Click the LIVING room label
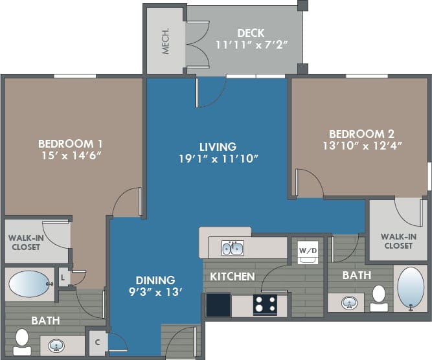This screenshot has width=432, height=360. [x=217, y=147]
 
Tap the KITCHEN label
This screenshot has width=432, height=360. [x=231, y=276]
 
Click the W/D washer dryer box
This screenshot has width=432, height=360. [x=308, y=251]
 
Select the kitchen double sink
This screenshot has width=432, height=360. [x=233, y=248]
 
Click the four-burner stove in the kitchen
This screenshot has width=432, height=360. [x=265, y=304]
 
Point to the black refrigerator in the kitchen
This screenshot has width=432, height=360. [x=218, y=304]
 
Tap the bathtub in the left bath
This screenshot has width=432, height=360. [x=30, y=284]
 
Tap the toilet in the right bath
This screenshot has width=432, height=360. [x=378, y=298]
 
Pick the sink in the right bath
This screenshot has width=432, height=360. [x=348, y=302]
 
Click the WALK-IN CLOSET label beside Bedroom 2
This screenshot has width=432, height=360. [x=398, y=241]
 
